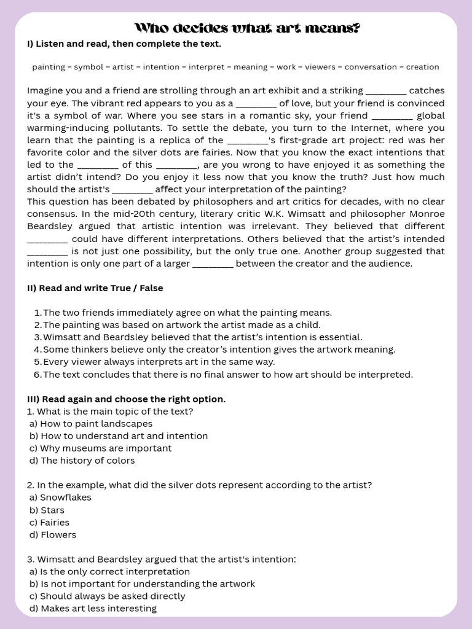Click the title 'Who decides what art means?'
point(247,28)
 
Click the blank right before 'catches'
point(385,92)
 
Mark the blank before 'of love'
point(256,104)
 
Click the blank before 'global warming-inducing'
point(392,116)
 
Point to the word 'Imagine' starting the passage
point(44,91)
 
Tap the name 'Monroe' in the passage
point(427,214)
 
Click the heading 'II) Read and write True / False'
point(95,288)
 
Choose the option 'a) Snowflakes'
point(60,498)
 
